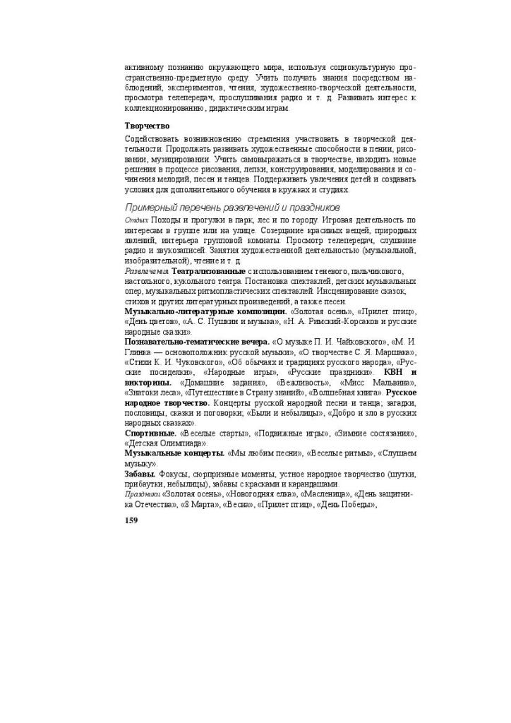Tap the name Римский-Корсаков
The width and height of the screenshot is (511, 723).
338,321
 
